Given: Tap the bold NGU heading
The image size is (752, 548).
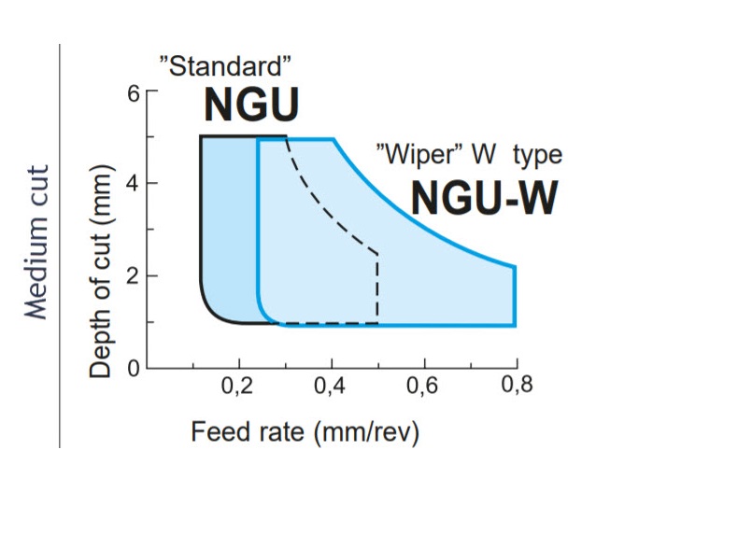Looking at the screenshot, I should (251, 105).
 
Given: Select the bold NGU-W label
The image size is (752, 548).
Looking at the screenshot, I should (485, 198).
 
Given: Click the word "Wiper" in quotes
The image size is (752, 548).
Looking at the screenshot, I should (414, 152).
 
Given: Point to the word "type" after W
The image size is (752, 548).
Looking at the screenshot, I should (534, 153).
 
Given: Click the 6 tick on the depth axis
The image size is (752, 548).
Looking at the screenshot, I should (133, 92).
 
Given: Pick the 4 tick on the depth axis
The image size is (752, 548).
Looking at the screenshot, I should (133, 184).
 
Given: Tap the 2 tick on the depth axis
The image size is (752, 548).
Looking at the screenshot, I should (133, 276).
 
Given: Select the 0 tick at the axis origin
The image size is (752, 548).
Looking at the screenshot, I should (133, 368).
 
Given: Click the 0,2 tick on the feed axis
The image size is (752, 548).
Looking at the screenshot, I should (238, 386).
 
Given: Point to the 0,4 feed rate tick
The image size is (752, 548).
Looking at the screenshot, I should (332, 386).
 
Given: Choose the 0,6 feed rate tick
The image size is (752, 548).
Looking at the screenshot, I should (424, 386).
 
